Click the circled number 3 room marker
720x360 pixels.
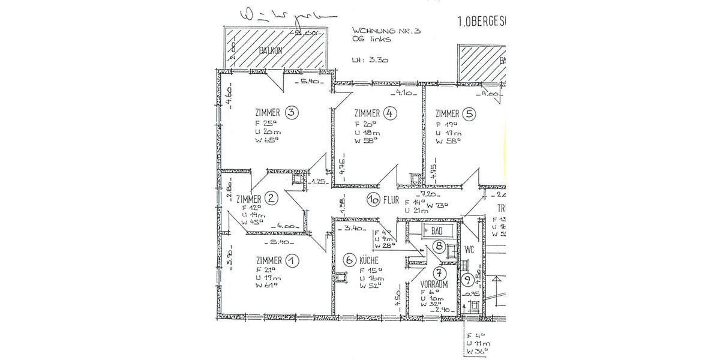[292, 113]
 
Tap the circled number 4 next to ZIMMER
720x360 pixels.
[391, 113]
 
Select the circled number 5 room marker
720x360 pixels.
[469, 113]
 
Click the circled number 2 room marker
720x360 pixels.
[271, 199]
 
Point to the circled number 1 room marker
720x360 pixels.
[292, 260]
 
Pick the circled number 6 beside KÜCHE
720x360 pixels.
[350, 260]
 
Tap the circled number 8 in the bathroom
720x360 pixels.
[440, 245]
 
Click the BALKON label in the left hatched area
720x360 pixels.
[271, 51]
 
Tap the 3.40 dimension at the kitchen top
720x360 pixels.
[349, 229]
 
